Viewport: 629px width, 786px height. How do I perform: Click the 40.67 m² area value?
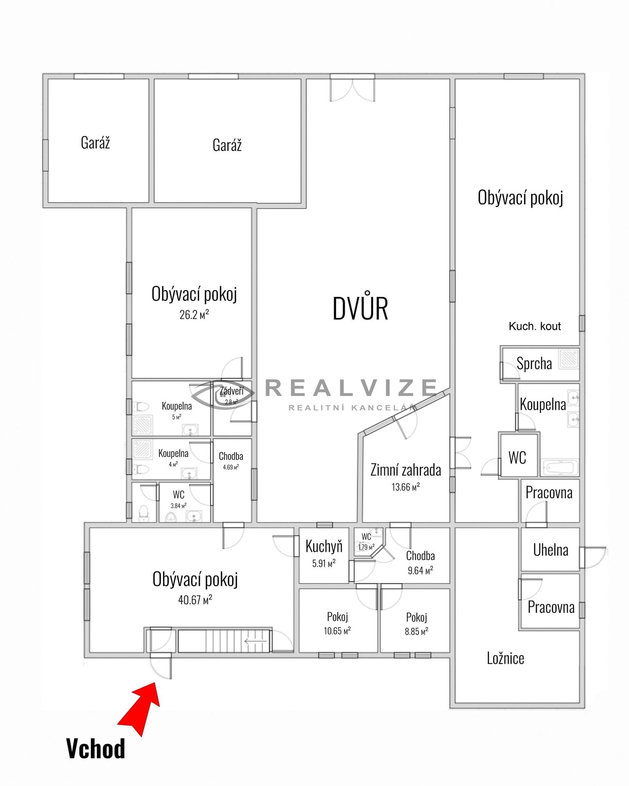click(195, 600)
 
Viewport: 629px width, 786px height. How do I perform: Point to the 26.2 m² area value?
click(194, 314)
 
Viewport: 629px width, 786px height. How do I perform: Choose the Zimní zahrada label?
click(406, 470)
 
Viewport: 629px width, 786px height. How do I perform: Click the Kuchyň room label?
click(324, 547)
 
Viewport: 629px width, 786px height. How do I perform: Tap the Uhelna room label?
click(551, 550)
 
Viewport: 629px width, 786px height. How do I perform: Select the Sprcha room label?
click(534, 364)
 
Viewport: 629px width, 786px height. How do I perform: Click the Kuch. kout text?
click(535, 326)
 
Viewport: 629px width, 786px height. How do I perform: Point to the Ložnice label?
click(506, 658)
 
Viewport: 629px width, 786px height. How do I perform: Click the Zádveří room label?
click(231, 391)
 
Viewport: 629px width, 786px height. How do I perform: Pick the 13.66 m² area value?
click(406, 487)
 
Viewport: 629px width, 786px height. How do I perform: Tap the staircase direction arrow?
click(256, 641)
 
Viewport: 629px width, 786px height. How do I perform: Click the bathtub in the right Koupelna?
click(561, 468)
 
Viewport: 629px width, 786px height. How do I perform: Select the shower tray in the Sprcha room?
click(569, 358)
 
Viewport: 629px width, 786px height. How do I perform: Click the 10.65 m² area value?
click(337, 631)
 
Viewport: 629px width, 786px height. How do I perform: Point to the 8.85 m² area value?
click(416, 631)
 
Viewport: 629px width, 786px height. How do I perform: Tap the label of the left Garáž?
click(95, 143)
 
